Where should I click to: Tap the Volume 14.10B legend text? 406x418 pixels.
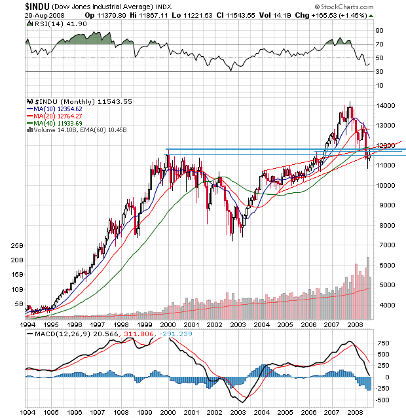tap(52, 130)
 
